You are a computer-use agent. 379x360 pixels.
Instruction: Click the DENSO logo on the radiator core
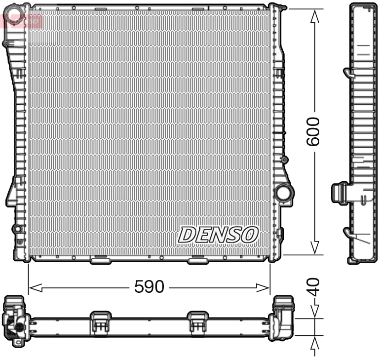[218, 235]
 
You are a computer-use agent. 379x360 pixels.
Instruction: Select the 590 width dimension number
[149, 286]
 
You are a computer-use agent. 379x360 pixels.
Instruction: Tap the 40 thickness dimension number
[314, 286]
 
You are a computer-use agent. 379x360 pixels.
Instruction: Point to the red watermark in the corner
[22, 20]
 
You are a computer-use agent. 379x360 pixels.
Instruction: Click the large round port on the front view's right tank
[283, 193]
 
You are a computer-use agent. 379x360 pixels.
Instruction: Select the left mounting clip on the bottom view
[100, 321]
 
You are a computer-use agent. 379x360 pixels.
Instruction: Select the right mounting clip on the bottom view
[198, 321]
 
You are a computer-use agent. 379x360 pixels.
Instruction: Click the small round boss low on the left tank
[17, 229]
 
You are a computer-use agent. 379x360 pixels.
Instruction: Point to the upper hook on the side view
[348, 73]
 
